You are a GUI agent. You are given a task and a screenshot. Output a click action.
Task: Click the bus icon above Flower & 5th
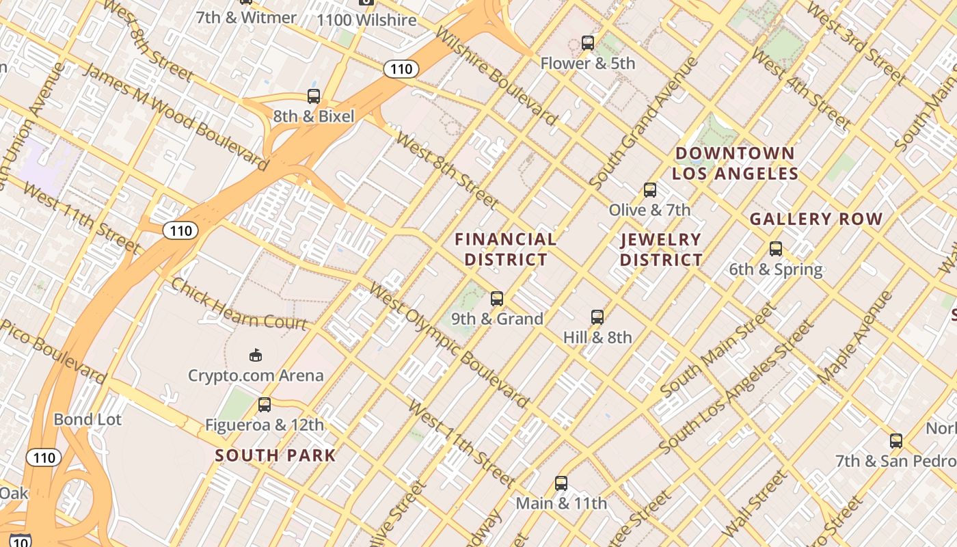coord(587,43)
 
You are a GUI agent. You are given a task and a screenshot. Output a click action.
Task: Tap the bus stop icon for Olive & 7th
coord(649,190)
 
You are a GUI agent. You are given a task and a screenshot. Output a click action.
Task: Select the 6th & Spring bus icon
coord(775,249)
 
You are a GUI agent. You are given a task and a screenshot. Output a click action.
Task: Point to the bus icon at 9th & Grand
coord(497,299)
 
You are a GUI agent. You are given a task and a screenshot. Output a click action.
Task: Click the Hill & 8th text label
coord(597,337)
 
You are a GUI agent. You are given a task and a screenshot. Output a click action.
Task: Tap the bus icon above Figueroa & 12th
coord(265,405)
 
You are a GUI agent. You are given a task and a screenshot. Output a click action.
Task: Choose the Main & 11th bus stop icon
coord(561,483)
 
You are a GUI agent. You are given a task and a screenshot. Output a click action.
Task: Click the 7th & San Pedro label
coord(894,461)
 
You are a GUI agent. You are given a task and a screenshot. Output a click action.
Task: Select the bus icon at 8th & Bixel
coord(314,96)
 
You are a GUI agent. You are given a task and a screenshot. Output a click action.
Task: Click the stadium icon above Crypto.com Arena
coord(256,355)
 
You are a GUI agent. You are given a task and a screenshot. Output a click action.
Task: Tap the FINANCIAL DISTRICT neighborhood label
coord(506,250)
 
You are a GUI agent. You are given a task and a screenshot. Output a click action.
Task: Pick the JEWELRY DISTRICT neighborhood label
coord(661,250)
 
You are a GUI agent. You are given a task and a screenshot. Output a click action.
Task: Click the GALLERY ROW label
coord(816,219)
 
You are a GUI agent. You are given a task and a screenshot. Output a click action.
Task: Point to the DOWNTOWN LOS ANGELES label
coord(735,163)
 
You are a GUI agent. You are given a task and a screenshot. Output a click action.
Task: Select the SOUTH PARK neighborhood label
coord(275,455)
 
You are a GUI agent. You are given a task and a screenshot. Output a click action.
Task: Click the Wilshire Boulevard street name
coord(495,76)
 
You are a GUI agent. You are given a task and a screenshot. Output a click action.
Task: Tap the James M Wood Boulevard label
coord(175,116)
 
